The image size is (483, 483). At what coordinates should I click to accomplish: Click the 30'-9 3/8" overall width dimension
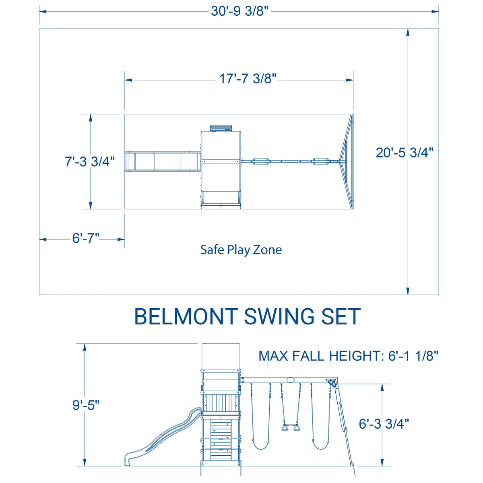(x=239, y=11)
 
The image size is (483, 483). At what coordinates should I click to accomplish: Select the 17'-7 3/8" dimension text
(x=248, y=79)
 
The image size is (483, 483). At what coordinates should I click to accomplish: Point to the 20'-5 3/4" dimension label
(x=405, y=153)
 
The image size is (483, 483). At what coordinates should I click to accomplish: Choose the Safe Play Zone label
(x=241, y=250)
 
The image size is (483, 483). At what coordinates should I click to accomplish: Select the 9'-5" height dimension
(x=86, y=405)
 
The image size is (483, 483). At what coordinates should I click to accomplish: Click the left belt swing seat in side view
(x=260, y=445)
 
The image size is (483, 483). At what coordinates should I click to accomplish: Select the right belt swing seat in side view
(x=320, y=445)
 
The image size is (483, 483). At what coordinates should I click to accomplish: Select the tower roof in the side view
(x=221, y=356)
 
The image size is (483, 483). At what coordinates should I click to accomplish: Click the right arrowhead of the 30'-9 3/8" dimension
(x=435, y=12)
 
